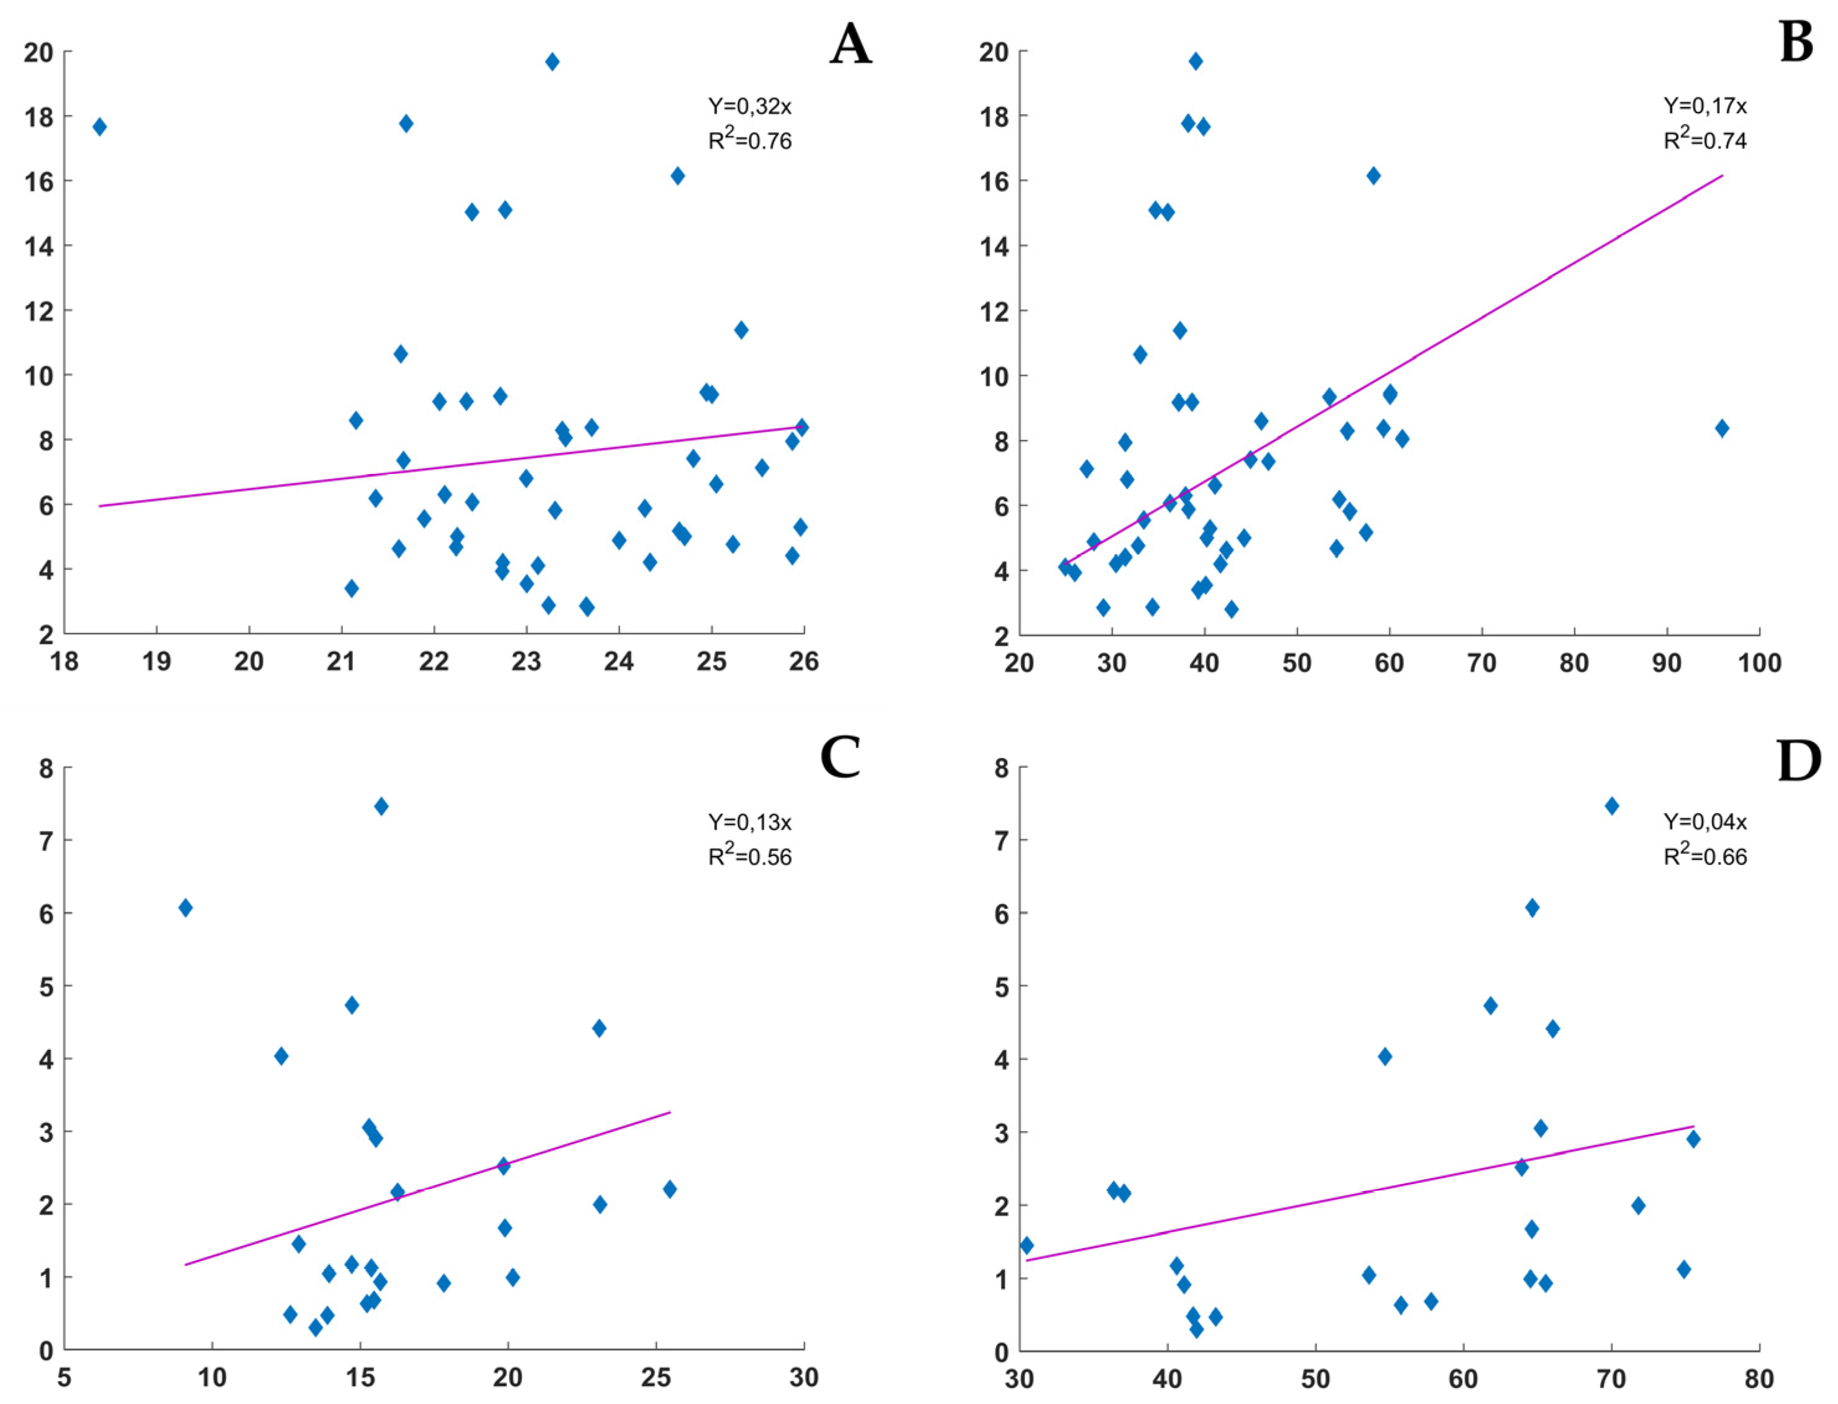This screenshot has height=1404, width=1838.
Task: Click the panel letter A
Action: click(850, 44)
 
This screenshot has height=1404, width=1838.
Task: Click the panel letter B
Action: click(1795, 43)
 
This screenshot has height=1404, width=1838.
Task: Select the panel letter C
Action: click(840, 758)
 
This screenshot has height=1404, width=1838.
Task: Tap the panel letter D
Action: click(1798, 760)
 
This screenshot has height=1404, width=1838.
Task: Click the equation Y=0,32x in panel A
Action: click(749, 106)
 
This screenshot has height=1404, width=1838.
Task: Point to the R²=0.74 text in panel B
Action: click(1704, 140)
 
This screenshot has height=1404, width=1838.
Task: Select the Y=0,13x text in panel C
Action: click(749, 823)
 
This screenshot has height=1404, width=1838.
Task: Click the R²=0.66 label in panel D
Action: click(1704, 857)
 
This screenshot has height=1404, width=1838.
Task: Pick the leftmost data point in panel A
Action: click(99, 127)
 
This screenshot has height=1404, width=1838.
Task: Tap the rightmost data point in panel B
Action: click(1721, 428)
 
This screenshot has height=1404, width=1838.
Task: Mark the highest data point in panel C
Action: click(381, 806)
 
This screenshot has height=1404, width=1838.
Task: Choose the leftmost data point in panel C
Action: click(186, 908)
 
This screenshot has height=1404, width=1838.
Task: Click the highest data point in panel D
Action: click(1611, 806)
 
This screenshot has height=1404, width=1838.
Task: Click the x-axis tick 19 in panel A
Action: click(157, 662)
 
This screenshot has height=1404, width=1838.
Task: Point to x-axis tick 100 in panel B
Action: click(1758, 663)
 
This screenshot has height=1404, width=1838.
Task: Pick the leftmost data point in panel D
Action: click(1026, 1245)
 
